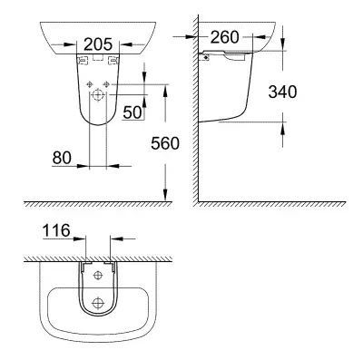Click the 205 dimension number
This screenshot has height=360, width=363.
98,44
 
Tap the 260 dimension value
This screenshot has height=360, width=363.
224,37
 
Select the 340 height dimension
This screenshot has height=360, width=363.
282,92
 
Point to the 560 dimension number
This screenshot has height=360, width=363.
165,143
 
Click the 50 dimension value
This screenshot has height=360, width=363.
132,112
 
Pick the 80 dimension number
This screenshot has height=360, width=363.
62,158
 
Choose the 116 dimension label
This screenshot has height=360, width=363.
56,230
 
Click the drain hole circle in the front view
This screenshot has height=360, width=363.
97,95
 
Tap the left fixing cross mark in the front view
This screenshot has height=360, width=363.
90,84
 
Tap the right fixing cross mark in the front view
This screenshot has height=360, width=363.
105,84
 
